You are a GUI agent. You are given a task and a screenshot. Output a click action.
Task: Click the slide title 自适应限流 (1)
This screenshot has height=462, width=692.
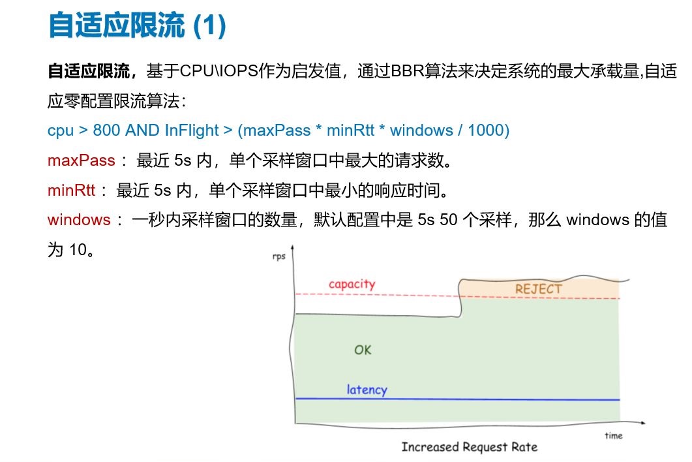point(137,25)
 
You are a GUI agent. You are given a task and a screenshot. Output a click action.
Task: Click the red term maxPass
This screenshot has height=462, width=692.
point(82,161)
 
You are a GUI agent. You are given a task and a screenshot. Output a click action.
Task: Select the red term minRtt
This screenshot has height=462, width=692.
point(71,191)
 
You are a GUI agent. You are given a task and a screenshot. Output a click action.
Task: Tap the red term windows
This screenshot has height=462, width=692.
point(79,219)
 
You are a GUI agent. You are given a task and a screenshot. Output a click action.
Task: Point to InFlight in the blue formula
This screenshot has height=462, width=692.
point(192,131)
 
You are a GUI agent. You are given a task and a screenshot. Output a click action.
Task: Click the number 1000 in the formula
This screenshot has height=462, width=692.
point(486,131)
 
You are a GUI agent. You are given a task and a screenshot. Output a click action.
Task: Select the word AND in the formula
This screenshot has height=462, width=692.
point(142,131)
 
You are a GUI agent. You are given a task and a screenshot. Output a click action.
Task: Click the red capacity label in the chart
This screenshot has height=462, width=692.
point(352,284)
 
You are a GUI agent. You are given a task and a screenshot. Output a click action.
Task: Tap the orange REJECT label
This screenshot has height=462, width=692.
point(539,289)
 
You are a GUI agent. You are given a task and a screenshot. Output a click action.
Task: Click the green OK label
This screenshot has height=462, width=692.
point(363,350)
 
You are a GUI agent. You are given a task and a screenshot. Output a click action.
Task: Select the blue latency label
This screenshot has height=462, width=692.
point(367,390)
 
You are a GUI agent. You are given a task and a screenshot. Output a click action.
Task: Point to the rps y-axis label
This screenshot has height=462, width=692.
point(279,256)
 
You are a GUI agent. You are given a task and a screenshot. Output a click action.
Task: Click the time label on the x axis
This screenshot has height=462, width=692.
point(614,435)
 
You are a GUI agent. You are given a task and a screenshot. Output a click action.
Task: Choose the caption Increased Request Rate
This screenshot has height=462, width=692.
point(470,447)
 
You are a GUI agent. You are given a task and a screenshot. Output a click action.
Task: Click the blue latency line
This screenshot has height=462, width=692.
point(458,399)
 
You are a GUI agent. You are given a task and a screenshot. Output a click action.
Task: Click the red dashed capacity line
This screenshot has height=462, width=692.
point(458,296)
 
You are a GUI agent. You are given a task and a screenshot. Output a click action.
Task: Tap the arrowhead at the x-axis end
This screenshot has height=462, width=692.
point(642,423)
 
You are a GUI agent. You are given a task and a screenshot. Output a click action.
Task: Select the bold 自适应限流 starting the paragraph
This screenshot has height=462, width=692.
point(89,71)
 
